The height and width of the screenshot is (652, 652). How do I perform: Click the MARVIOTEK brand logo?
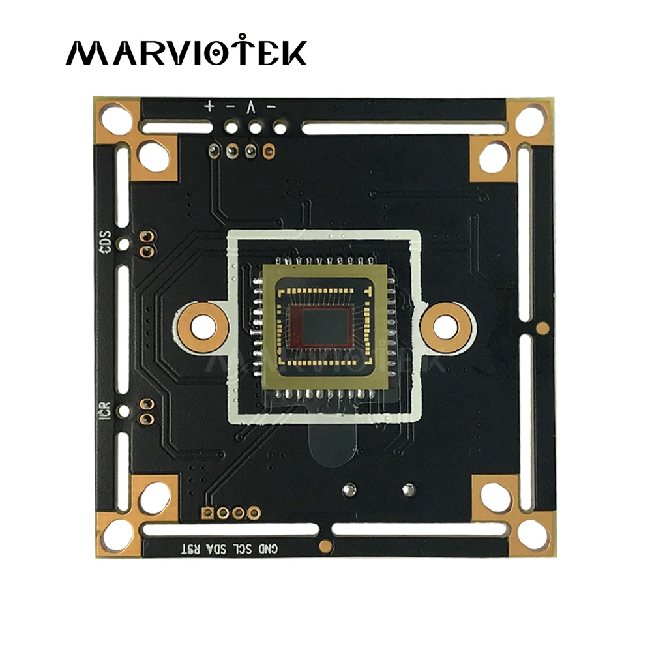[186, 52]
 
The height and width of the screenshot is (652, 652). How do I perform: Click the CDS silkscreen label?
[108, 242]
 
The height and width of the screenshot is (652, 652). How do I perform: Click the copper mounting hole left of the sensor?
[204, 326]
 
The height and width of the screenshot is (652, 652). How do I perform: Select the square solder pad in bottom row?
[209, 512]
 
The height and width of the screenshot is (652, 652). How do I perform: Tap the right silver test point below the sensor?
[409, 487]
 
